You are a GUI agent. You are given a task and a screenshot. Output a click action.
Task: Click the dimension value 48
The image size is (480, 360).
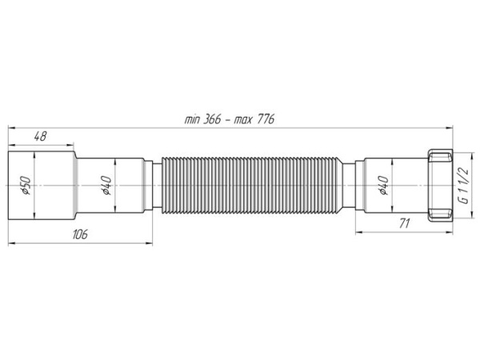click(x=41, y=136)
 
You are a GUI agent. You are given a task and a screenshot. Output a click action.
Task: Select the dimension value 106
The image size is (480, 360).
click(x=80, y=234)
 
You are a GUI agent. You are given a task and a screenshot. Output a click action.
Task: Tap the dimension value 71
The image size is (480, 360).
click(x=404, y=223)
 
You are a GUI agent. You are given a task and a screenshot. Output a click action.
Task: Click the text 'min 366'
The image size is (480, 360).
click(x=202, y=119)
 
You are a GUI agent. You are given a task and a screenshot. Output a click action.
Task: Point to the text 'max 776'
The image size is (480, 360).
click(x=254, y=119)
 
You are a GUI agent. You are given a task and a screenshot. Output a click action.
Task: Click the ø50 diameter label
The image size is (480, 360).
click(x=26, y=186)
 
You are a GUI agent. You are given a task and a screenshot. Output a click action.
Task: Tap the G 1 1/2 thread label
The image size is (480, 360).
click(x=464, y=186)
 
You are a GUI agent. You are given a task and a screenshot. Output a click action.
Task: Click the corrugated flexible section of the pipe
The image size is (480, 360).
click(x=250, y=186)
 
